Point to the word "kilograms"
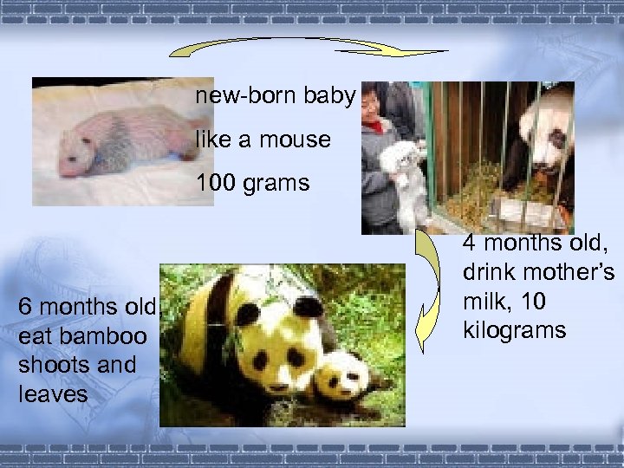[515, 330]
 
